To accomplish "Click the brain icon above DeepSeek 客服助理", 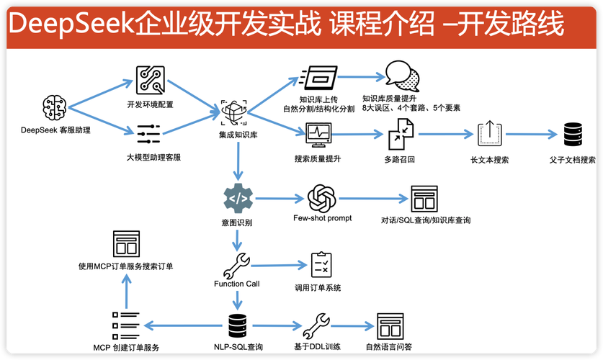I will point(55,107).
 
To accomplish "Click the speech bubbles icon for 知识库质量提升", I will point(400,76).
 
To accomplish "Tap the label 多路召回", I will point(401,159).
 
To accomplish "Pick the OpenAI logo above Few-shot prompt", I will point(321,198).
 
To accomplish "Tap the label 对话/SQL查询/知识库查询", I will point(426,220).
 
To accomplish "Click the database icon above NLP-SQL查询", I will point(238,326).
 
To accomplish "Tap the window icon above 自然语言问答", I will point(389,326).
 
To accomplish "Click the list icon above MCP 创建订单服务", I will point(125,325).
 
